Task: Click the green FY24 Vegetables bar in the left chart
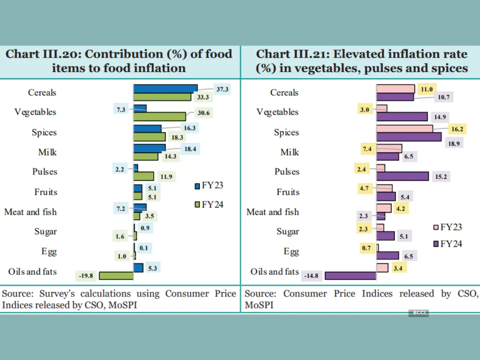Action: click(x=160, y=116)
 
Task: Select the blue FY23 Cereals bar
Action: click(x=165, y=88)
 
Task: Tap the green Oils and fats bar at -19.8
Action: click(x=116, y=276)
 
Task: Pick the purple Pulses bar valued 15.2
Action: click(x=402, y=176)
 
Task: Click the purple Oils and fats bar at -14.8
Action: click(x=350, y=276)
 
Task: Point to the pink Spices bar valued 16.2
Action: click(x=404, y=128)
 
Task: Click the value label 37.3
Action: click(x=222, y=89)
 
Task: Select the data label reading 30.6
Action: click(x=203, y=113)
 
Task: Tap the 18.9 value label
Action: click(x=454, y=144)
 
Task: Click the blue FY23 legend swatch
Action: click(x=197, y=186)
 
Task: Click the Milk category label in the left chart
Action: click(x=48, y=152)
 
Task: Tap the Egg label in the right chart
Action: click(x=291, y=252)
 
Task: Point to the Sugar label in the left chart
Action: click(x=46, y=232)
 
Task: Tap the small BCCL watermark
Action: click(x=418, y=313)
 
